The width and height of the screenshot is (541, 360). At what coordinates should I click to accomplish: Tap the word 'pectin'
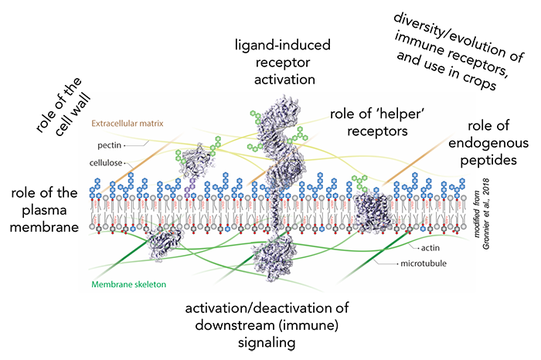106,144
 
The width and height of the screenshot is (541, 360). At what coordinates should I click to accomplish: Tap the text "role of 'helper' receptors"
378,124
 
